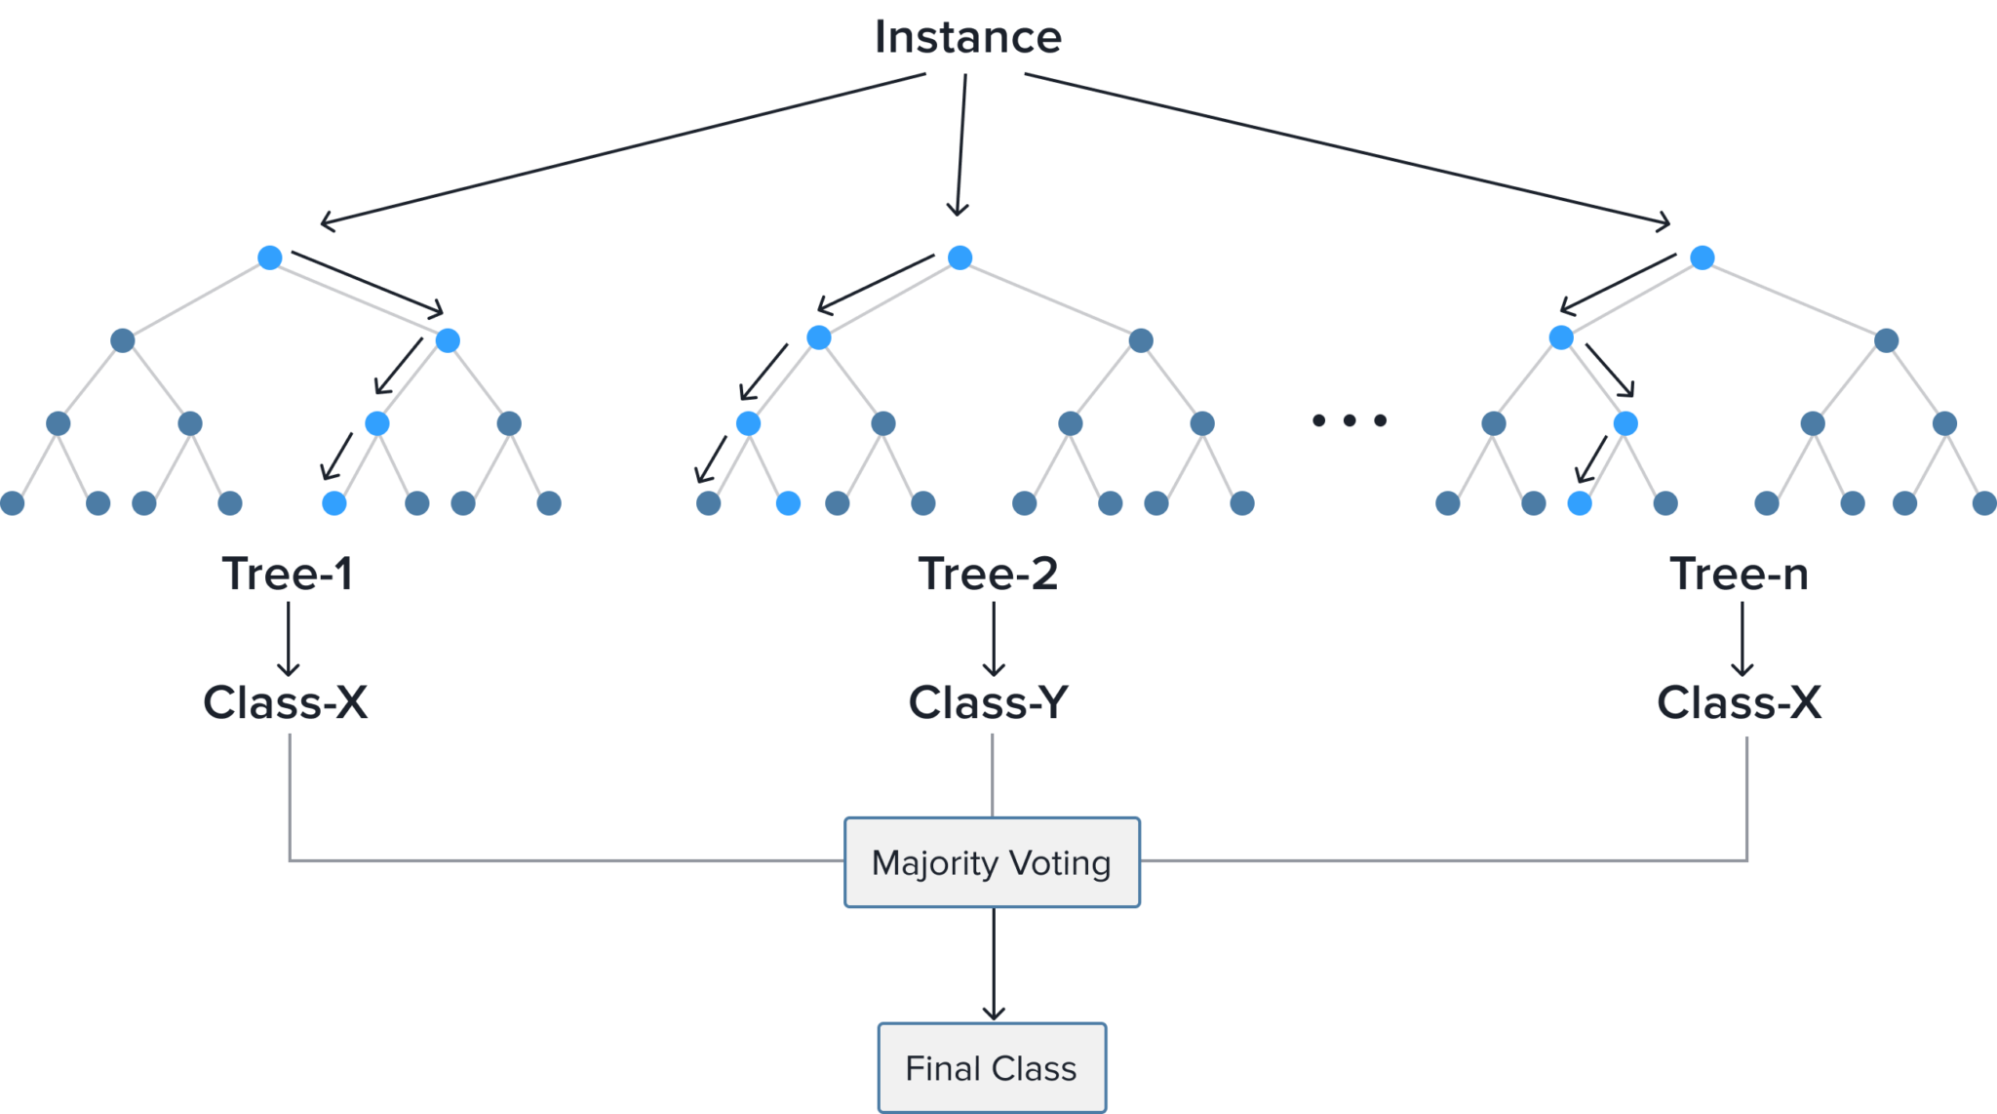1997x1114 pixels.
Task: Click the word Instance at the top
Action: point(967,38)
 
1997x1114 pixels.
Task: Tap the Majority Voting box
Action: point(992,863)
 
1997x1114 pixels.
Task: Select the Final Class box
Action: point(992,1068)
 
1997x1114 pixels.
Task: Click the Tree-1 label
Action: point(287,574)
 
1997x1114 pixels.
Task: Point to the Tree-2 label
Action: point(988,574)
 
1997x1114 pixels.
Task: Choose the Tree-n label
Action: point(1740,574)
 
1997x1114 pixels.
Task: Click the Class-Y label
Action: point(988,702)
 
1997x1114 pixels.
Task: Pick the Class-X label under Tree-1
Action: point(286,702)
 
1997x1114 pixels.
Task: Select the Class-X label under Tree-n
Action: point(1739,702)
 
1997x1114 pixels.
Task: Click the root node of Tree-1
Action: point(270,258)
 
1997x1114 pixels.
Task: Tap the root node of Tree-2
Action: point(959,258)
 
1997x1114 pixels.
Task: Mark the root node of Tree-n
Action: point(1703,258)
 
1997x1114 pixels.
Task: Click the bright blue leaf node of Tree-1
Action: point(334,503)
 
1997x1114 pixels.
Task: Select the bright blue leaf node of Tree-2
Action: point(788,503)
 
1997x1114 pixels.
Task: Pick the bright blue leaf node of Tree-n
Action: point(1580,503)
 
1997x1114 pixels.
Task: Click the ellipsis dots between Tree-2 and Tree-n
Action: point(1350,420)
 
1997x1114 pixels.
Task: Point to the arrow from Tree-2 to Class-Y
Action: point(994,639)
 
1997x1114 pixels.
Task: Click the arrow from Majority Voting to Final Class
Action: point(993,965)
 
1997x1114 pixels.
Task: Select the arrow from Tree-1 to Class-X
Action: point(289,639)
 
